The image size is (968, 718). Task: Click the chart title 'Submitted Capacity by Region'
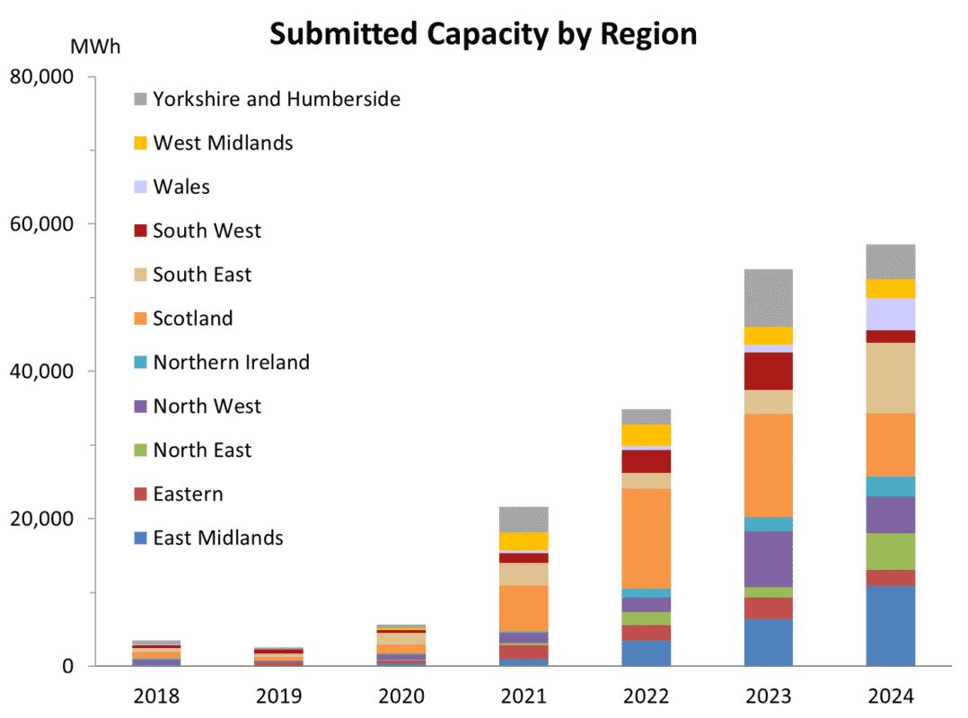pos(483,34)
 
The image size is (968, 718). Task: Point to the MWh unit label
pos(94,47)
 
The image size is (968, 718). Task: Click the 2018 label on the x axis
pos(156,696)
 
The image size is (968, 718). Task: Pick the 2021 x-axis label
pos(524,696)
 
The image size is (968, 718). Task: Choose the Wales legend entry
pos(181,187)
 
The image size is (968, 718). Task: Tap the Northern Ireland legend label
pos(231,363)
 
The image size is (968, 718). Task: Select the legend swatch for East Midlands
pos(140,538)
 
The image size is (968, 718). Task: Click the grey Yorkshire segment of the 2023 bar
pos(768,298)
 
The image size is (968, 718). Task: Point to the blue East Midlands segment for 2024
pos(890,626)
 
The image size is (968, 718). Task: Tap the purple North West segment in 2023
pos(768,559)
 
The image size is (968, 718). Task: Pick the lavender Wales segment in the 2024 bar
pos(890,314)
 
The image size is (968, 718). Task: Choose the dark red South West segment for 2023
pos(768,371)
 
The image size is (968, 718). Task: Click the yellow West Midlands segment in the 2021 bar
pos(524,541)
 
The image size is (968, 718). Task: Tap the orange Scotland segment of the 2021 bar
pos(524,609)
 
